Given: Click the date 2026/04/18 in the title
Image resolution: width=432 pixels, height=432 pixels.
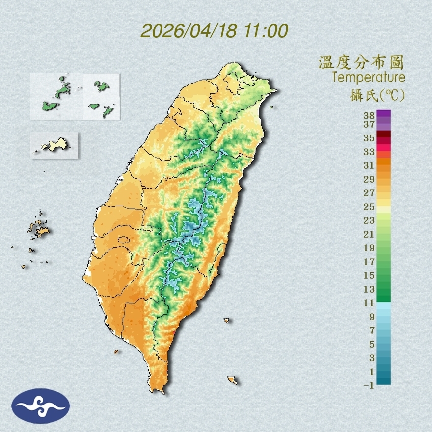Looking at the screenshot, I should point(189,31).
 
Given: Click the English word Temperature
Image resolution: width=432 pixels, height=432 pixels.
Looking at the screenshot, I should point(368,77).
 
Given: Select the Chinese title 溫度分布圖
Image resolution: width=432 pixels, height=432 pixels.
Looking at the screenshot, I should point(361,62).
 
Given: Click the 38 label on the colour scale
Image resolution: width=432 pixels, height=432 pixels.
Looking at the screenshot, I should point(369,116).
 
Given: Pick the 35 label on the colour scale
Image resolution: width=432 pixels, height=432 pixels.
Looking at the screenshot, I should point(369,138).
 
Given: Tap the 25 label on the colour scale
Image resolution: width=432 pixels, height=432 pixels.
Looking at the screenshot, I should point(369,206).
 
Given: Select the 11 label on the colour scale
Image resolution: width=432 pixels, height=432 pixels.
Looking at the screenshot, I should point(369,303).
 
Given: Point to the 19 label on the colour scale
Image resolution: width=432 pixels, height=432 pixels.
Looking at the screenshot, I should point(369,247).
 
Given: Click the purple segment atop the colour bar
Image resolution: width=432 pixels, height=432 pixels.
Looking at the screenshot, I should point(383,116).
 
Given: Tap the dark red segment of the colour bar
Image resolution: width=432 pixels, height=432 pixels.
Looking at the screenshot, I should point(383,135).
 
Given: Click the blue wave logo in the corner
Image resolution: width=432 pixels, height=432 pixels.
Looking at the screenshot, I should point(41,405).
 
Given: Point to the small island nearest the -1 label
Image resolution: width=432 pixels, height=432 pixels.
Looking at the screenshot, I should point(233,380).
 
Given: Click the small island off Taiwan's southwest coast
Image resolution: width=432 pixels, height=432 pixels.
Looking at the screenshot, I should point(116,351).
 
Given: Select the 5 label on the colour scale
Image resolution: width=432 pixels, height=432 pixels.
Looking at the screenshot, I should point(372,344).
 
